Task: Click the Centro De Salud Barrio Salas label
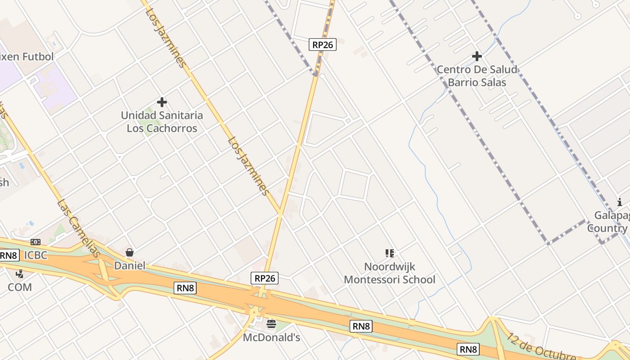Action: tap(477, 76)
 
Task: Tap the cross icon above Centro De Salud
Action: tap(477, 56)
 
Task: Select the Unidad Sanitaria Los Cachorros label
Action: tap(162, 122)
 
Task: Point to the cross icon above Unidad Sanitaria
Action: tap(162, 102)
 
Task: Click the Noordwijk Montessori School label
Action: tap(390, 273)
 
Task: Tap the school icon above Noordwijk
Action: tap(390, 253)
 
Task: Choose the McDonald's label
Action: tap(271, 337)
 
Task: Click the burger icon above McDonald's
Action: tap(271, 324)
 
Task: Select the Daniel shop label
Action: tap(130, 265)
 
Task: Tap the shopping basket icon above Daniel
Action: tap(130, 252)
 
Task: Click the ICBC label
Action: tap(36, 255)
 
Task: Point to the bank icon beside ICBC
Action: tap(36, 243)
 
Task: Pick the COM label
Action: tap(20, 287)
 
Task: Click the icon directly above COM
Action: tap(19, 274)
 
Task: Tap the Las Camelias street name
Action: tap(79, 229)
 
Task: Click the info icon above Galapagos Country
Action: tap(620, 202)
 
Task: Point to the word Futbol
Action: tap(38, 57)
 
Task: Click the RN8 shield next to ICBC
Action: tap(9, 256)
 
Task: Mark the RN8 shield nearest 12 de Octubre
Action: tap(468, 349)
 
